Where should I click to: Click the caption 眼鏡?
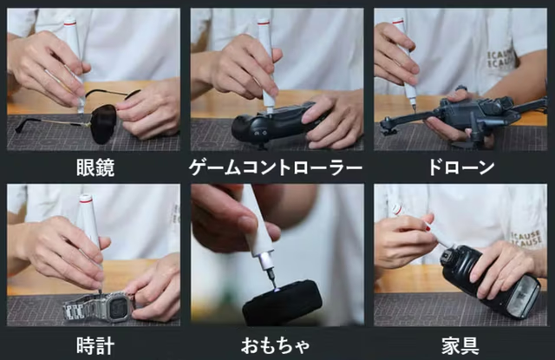[x=95, y=167]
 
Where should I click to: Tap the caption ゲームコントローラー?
[x=276, y=167]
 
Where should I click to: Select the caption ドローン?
[x=460, y=167]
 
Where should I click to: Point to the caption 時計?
[x=95, y=345]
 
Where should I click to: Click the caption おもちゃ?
[x=276, y=346]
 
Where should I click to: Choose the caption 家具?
[x=460, y=346]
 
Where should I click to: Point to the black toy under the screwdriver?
[x=283, y=302]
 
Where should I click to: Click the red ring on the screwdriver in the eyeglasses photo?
[x=69, y=23]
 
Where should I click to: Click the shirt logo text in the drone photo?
[x=500, y=60]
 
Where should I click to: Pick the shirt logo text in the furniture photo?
[x=526, y=239]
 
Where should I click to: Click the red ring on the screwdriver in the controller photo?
[x=264, y=23]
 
